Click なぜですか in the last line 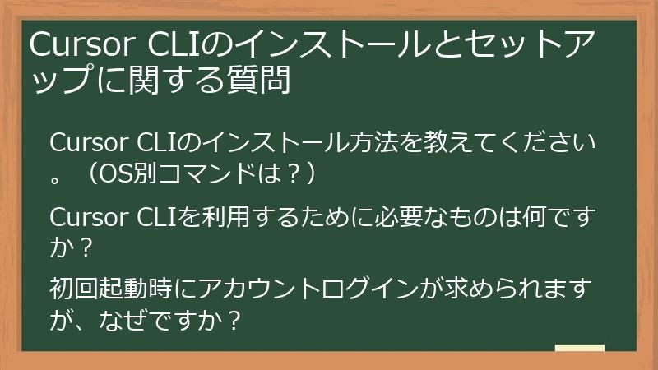pyautogui.click(x=157, y=319)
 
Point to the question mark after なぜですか pyautogui.click(x=233, y=319)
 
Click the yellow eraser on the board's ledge pyautogui.click(x=579, y=348)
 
